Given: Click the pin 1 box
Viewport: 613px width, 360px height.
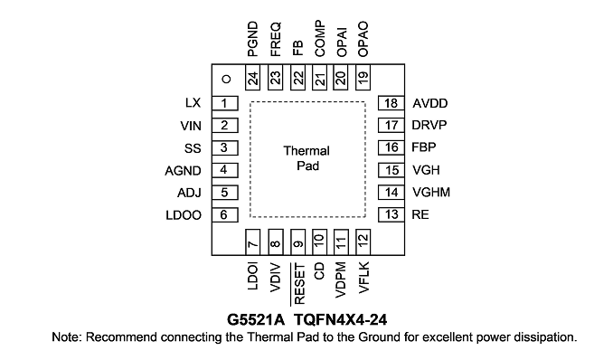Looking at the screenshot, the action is click(x=225, y=103).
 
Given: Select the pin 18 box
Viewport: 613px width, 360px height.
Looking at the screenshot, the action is click(x=391, y=103).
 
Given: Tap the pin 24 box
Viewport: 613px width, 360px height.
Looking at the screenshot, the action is click(x=252, y=78).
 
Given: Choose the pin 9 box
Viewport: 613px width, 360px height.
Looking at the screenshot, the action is click(x=297, y=242).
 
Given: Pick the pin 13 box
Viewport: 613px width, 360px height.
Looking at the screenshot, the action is click(x=391, y=214).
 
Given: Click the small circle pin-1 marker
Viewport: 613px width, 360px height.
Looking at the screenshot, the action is click(x=226, y=80).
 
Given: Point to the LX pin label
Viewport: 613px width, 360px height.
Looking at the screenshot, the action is click(x=193, y=103).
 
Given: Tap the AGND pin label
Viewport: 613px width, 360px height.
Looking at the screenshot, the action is click(x=183, y=171).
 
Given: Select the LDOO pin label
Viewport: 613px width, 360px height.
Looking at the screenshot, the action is click(x=184, y=215).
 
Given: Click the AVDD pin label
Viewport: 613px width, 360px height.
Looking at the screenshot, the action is click(x=430, y=103).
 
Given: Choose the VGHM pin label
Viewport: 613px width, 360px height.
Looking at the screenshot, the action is click(x=431, y=192).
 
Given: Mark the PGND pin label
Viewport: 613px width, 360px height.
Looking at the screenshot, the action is click(x=253, y=39).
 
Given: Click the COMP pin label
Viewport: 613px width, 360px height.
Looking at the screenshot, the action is click(x=320, y=39).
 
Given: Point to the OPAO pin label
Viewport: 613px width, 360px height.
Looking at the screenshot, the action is click(x=363, y=39).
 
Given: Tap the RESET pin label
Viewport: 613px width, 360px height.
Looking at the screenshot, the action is click(x=298, y=284).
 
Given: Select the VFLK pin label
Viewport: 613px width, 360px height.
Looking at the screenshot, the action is click(x=363, y=278).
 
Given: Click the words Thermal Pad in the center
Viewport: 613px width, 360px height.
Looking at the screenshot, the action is click(x=306, y=158).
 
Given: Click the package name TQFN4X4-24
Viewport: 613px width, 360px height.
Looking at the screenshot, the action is click(x=340, y=319).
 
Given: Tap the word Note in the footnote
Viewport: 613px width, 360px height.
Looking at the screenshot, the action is click(x=67, y=336).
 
